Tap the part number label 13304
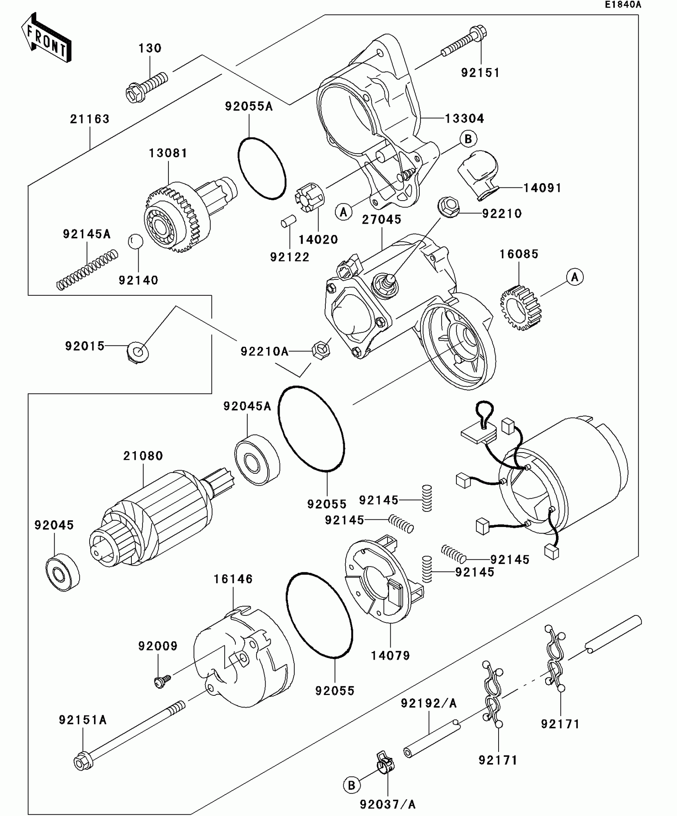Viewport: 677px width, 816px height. click(464, 118)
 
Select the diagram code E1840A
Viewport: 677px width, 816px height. click(623, 5)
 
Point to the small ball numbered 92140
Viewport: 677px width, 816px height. click(135, 241)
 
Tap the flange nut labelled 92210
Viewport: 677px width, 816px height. click(449, 207)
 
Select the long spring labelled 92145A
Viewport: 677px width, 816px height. click(87, 269)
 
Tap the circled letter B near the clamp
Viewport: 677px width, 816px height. click(351, 785)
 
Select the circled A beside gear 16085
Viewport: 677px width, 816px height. click(575, 277)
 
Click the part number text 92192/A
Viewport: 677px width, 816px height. click(429, 703)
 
